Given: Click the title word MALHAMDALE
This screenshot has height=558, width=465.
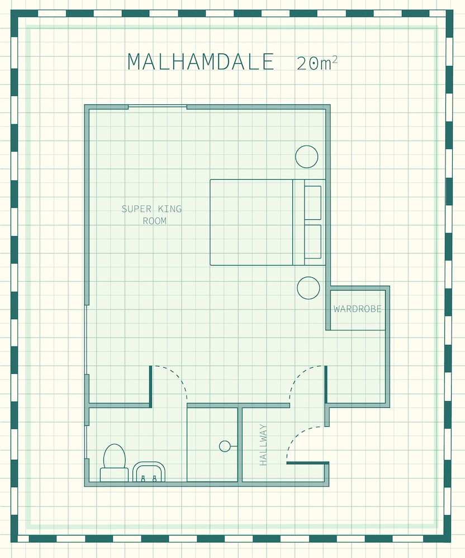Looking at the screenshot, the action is (201, 62).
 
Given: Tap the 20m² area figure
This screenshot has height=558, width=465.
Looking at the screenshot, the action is (317, 64).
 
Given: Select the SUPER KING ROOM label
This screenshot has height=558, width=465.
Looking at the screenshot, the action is (152, 215).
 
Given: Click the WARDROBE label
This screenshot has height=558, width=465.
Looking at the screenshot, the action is (357, 309).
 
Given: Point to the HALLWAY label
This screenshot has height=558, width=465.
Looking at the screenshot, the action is (263, 445).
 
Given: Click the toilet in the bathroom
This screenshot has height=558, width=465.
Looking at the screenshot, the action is (115, 463).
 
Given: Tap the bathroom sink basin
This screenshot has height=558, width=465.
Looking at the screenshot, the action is (149, 472).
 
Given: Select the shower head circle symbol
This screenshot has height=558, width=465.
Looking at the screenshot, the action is (225, 446).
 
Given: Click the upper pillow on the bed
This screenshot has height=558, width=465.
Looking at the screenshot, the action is (312, 203).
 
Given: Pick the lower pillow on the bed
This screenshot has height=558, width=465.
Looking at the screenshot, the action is (312, 242).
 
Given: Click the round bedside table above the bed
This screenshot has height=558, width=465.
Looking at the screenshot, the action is (307, 157).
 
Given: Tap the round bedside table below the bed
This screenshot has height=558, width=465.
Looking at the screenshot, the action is (308, 288).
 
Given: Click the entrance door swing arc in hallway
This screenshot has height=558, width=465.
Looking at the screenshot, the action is (296, 435).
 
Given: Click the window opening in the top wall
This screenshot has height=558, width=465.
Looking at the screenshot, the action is (158, 106).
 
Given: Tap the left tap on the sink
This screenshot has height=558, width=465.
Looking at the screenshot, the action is (143, 478).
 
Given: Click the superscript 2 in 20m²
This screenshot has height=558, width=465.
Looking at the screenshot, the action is (334, 60).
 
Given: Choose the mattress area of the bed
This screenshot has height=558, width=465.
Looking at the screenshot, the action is (251, 223).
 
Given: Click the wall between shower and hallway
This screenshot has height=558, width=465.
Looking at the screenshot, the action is (240, 445).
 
